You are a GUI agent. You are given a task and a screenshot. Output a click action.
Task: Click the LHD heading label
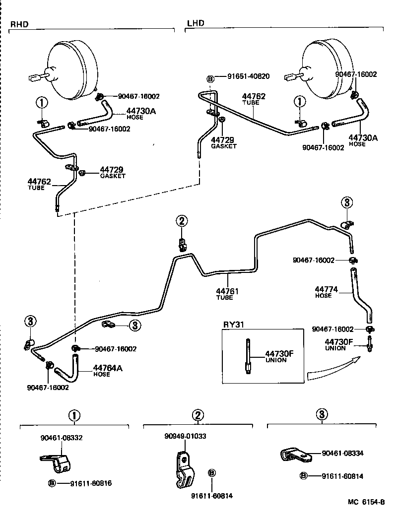click(x=196, y=23)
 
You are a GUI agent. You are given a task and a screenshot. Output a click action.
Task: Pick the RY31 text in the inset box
click(x=233, y=325)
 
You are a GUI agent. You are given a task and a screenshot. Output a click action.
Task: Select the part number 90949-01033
click(x=185, y=436)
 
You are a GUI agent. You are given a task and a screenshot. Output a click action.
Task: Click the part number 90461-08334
click(x=342, y=453)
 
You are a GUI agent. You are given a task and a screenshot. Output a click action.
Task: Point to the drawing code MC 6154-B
click(x=366, y=502)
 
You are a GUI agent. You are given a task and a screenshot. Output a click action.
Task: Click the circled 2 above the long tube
click(x=182, y=221)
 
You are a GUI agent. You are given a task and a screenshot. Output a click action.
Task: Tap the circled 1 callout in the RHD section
click(x=42, y=103)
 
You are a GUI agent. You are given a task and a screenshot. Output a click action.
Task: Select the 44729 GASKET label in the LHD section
click(x=223, y=143)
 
